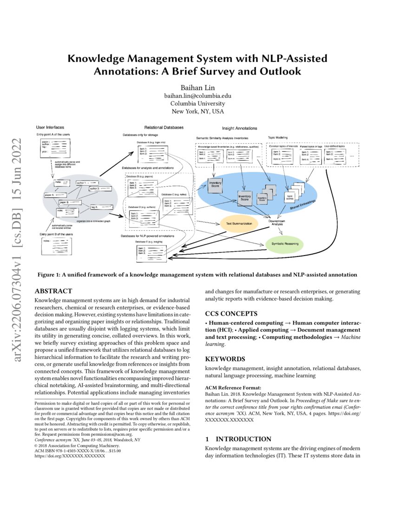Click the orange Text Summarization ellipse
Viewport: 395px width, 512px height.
[x=239, y=223]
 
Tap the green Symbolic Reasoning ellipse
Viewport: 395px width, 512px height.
[x=284, y=243]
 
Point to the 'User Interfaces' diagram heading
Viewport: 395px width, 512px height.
[x=50, y=127]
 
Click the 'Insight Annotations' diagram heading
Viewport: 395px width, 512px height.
[x=238, y=128]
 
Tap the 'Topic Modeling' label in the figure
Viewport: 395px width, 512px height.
[x=278, y=137]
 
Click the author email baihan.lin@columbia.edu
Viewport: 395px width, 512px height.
[x=197, y=95]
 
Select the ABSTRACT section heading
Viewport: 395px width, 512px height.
[x=53, y=291]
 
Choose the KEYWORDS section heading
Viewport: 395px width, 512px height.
[x=225, y=359]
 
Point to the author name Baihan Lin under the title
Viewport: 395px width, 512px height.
[x=197, y=87]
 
